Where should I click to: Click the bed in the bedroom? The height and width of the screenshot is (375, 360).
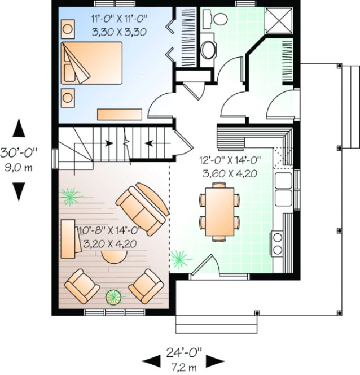point(90,62)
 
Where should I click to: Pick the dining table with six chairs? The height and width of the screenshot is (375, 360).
point(218,214)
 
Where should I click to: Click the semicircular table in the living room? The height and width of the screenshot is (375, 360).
point(117,257)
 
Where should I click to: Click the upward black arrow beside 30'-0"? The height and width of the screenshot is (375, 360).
point(20,128)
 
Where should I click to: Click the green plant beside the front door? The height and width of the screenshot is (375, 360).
point(180,259)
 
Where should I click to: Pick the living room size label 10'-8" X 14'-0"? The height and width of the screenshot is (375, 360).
point(107,232)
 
